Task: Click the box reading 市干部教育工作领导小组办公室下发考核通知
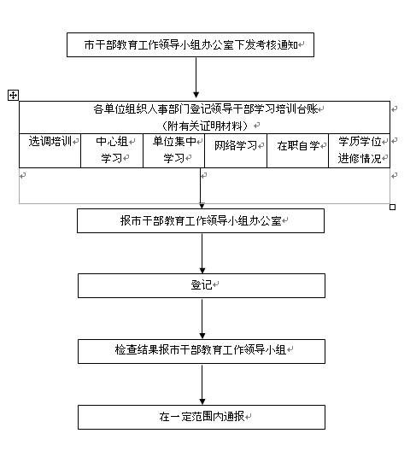click(190, 44)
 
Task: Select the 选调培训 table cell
click(50, 150)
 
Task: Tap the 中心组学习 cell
click(112, 150)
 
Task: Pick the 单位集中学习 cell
click(173, 150)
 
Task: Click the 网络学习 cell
click(236, 150)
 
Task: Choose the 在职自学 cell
click(298, 150)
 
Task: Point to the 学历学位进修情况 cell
click(360, 150)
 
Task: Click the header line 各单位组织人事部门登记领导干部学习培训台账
click(206, 109)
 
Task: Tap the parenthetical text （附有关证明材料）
click(204, 126)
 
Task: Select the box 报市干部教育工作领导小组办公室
click(201, 220)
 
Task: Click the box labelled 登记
click(202, 285)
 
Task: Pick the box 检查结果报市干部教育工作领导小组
click(202, 351)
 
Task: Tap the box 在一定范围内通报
click(202, 417)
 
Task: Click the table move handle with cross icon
click(13, 95)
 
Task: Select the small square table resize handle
click(392, 207)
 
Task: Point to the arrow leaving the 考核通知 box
click(196, 78)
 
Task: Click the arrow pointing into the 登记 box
click(202, 253)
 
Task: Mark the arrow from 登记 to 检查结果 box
click(202, 319)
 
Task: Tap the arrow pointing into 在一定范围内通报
click(202, 384)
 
